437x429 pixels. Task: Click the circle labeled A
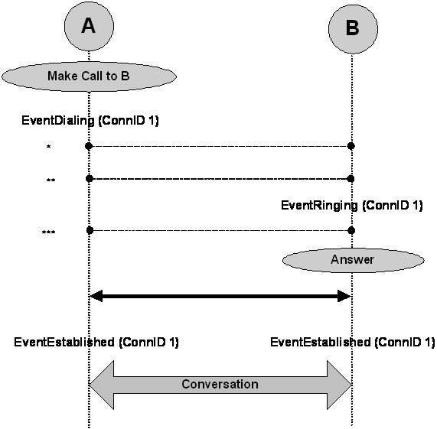(x=88, y=26)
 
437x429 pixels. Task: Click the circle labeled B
(x=351, y=28)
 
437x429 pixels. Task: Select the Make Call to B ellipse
(x=89, y=76)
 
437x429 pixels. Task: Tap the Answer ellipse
(x=351, y=260)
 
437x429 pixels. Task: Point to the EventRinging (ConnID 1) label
(x=351, y=205)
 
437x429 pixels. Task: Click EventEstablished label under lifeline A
(x=96, y=342)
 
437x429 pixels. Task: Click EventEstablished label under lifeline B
(x=352, y=342)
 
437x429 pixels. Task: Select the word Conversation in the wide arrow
(x=220, y=384)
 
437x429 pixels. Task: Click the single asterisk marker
(x=49, y=146)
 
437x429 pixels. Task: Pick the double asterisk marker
(x=51, y=181)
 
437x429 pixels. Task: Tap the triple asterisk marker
(x=49, y=231)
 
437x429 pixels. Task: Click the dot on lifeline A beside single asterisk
(x=90, y=145)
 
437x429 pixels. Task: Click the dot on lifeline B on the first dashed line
(x=351, y=145)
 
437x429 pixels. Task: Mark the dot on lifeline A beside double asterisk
(x=90, y=178)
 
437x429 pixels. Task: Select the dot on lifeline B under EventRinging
(x=351, y=229)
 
